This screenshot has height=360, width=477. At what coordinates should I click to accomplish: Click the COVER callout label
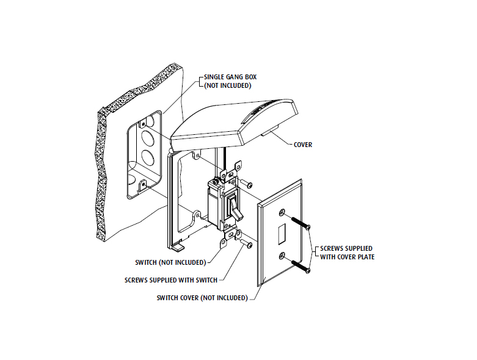pos(303,145)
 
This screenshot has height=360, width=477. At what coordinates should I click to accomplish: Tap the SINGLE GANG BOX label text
pos(230,77)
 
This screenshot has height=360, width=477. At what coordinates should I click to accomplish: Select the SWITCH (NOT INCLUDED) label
pos(170,262)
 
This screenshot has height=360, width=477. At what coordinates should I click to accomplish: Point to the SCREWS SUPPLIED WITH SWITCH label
pos(171,280)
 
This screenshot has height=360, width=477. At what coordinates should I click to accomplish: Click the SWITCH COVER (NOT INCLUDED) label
pos(202,298)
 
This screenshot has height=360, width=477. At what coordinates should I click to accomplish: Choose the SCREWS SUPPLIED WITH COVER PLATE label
pos(347,253)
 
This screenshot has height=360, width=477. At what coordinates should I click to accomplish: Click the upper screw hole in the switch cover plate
pos(282,212)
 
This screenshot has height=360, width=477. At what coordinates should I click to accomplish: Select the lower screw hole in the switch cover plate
pos(282,256)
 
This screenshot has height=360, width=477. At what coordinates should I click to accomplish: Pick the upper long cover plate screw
pos(301,223)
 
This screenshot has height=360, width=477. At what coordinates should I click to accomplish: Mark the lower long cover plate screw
pos(301,266)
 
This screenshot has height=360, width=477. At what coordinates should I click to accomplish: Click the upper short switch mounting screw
pos(246,183)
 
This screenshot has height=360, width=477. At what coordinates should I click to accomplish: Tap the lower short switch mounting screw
pos(246,243)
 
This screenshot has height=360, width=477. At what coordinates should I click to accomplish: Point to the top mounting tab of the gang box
pos(142,124)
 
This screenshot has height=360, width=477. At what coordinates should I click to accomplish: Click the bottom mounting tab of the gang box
pos(142,185)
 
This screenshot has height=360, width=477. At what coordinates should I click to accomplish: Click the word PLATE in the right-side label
pos(365,257)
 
